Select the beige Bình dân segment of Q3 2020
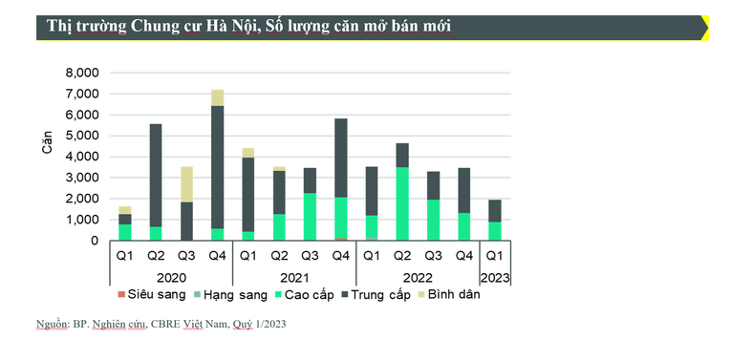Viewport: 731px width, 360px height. pos(187,184)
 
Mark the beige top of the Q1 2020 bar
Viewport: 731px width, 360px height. pos(125,210)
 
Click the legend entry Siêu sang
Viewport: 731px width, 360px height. pos(149,295)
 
